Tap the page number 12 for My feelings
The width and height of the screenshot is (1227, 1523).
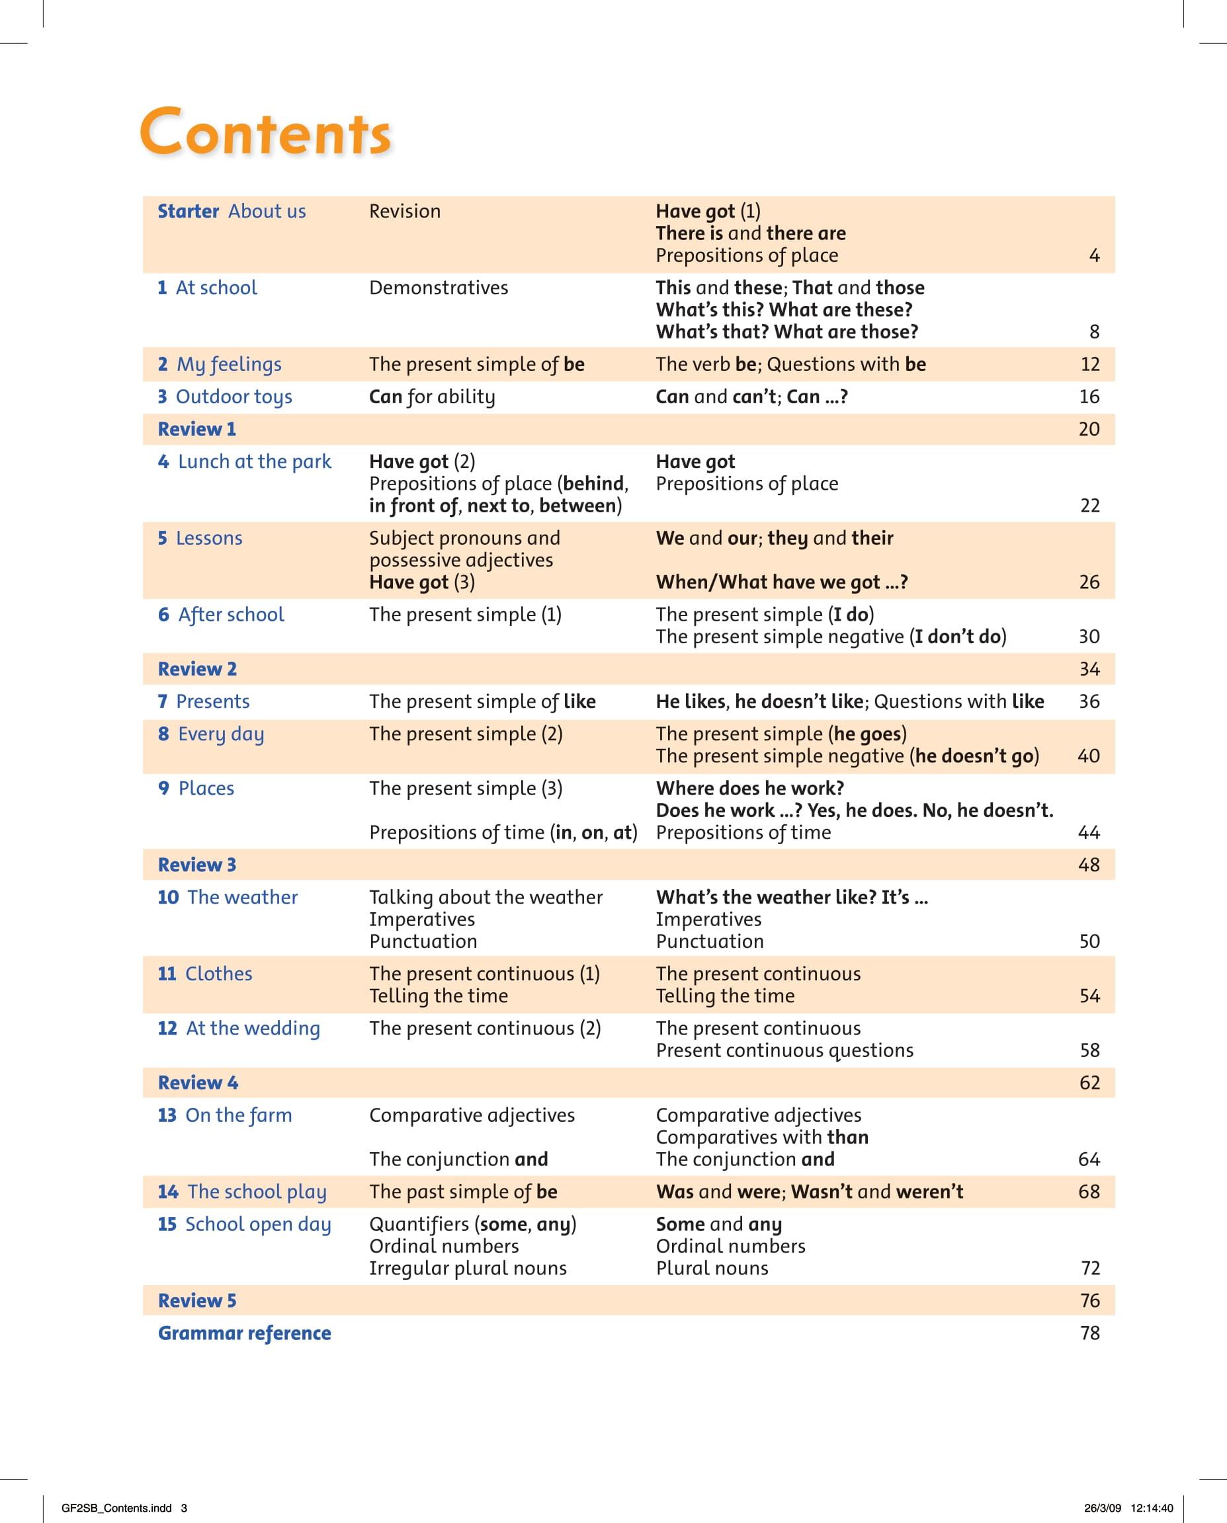(x=1089, y=364)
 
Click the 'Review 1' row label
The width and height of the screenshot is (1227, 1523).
(x=196, y=429)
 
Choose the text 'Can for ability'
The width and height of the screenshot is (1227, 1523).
(x=432, y=397)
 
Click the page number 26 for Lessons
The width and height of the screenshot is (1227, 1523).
(x=1089, y=582)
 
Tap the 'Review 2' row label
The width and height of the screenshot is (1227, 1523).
(x=197, y=669)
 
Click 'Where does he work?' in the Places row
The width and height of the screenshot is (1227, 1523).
(x=750, y=789)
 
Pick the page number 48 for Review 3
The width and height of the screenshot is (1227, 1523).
(x=1089, y=865)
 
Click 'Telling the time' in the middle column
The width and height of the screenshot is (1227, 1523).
(x=438, y=996)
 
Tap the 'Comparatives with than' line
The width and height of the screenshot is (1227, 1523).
(x=762, y=1138)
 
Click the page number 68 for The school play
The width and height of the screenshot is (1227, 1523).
(x=1089, y=1192)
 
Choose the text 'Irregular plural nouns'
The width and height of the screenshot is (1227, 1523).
(x=468, y=1268)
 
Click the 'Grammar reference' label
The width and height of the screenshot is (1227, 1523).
(x=245, y=1333)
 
